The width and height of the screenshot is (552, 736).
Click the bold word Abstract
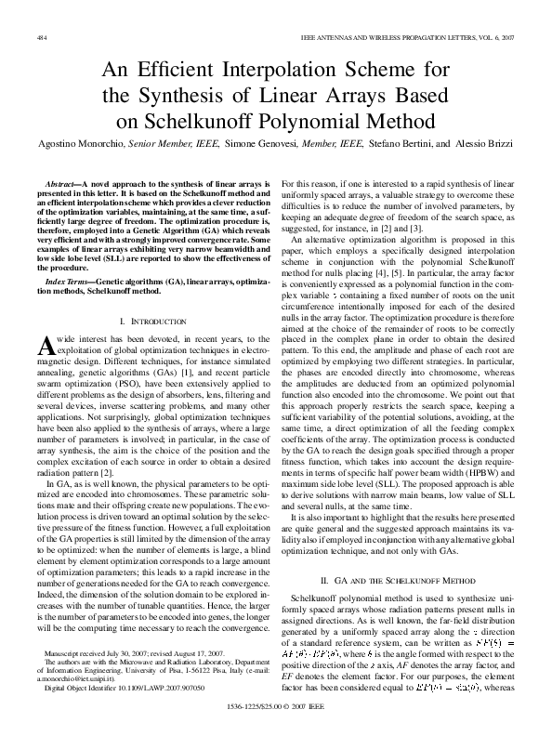tap(63, 186)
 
